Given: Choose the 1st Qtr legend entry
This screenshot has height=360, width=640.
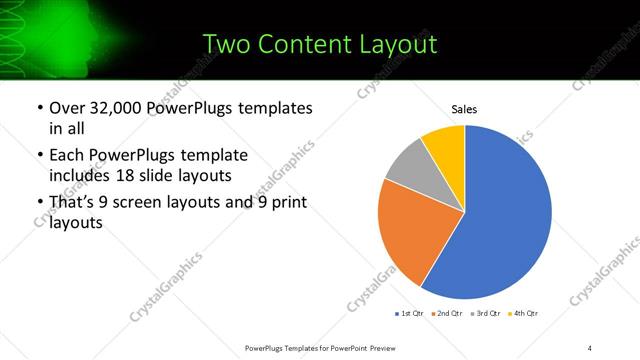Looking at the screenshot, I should [x=410, y=314].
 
